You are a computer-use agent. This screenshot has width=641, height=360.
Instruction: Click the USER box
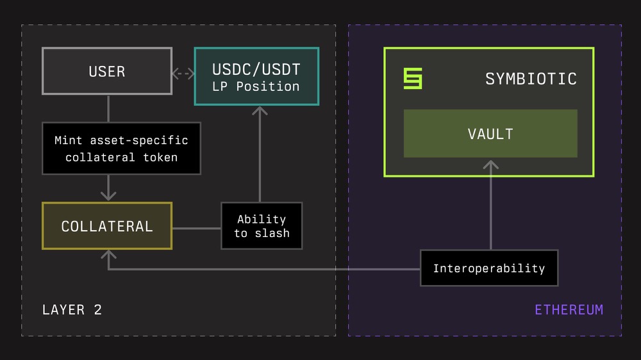point(107,71)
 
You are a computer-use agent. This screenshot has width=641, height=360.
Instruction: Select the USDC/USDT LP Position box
point(256,76)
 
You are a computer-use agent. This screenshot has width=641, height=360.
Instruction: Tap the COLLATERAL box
point(107,226)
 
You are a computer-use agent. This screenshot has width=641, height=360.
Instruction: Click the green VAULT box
point(490,133)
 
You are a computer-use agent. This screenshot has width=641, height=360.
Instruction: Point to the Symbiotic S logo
point(413,79)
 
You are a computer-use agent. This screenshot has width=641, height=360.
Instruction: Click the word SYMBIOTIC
point(531,79)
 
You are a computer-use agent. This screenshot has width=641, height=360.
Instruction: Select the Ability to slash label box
point(262,226)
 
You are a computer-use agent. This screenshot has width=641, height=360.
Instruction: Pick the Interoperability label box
point(489,268)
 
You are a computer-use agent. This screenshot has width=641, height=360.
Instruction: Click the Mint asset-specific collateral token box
point(121,149)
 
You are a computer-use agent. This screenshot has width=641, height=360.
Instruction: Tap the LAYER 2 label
point(72,310)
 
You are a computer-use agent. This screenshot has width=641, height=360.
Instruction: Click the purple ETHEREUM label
point(569,310)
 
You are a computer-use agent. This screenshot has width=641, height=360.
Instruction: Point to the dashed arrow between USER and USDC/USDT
point(183,74)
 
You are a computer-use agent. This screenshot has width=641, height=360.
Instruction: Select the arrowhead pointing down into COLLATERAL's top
point(108,195)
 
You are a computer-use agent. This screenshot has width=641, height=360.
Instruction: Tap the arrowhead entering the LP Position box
point(260,111)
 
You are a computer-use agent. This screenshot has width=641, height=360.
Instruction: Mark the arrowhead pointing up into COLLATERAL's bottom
point(108,254)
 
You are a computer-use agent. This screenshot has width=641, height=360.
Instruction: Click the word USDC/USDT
point(256,69)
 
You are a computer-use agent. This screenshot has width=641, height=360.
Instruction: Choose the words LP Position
point(256,86)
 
